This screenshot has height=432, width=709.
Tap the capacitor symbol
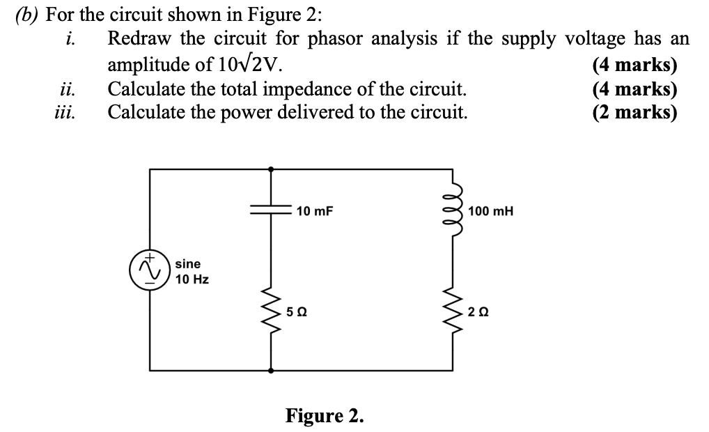tap(270, 210)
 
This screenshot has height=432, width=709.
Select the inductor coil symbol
tap(455, 210)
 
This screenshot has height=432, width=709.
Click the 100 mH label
tap(491, 210)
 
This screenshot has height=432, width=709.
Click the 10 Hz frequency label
tap(192, 279)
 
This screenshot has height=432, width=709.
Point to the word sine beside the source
tap(188, 264)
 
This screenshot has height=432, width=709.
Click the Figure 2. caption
tap(325, 416)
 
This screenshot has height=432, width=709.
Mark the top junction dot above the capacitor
tap(270, 168)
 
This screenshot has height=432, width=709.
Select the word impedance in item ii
tap(335, 89)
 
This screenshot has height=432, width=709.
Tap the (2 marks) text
tap(634, 111)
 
